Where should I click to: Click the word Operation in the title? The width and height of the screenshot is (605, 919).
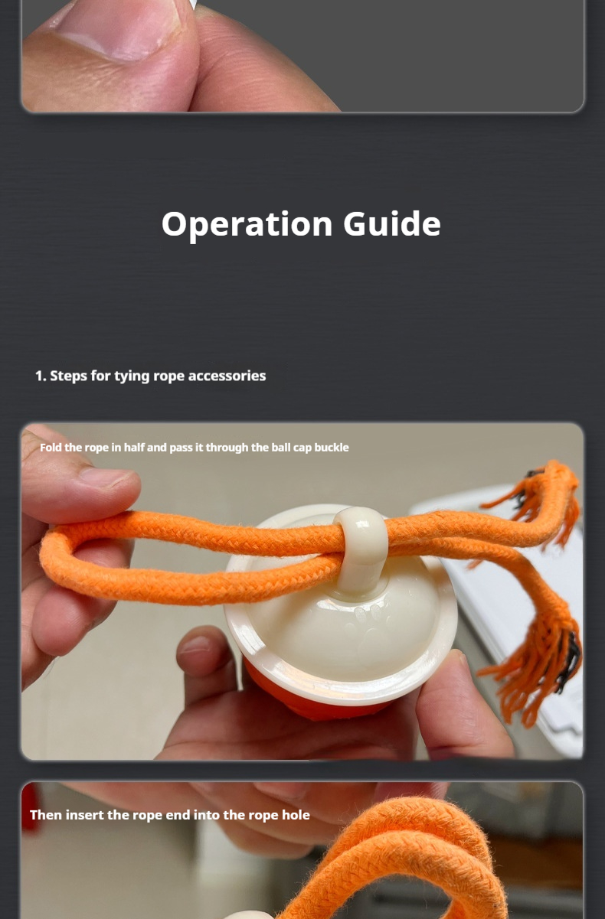(247, 224)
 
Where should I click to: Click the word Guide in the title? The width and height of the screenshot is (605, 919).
(392, 223)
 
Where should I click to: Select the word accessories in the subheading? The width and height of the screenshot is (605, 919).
(227, 376)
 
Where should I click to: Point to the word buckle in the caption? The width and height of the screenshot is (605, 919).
(332, 447)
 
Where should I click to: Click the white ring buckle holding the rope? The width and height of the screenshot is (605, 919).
(361, 538)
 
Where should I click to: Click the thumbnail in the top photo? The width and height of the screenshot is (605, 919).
(119, 33)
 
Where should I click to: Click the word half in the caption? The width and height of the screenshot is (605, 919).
(134, 447)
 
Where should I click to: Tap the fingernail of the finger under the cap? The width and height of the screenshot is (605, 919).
(192, 645)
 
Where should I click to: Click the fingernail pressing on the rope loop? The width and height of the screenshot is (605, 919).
(109, 478)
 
